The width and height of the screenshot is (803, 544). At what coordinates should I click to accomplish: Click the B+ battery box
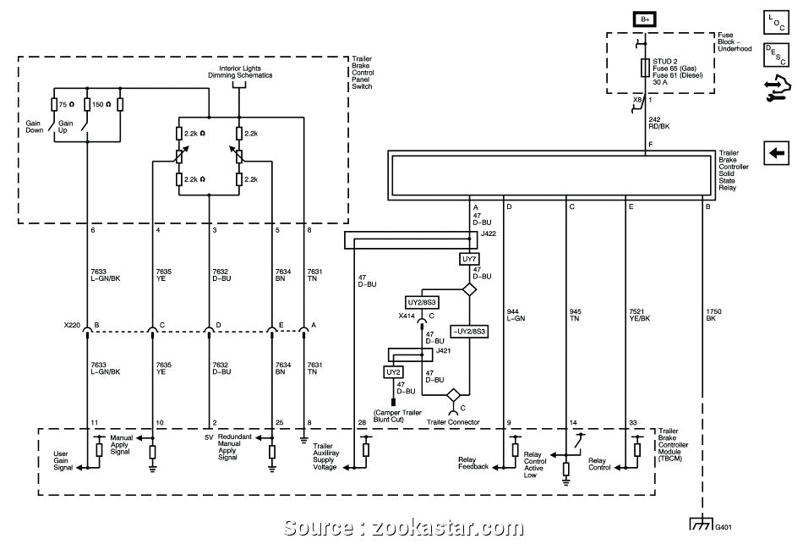(x=647, y=19)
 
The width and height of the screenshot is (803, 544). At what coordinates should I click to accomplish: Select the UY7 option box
(x=471, y=259)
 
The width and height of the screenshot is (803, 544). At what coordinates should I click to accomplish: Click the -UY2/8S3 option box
(x=468, y=332)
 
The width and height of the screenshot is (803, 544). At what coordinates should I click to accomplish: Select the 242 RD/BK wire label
(x=660, y=123)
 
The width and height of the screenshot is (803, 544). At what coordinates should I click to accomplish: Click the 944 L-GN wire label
(x=515, y=315)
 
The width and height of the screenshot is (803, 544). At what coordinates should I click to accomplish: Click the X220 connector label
(x=72, y=325)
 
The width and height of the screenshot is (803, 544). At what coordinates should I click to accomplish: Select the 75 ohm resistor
(x=55, y=104)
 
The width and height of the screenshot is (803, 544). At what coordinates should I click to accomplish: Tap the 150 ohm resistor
(x=88, y=104)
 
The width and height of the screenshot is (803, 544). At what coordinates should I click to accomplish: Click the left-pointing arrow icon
(x=776, y=153)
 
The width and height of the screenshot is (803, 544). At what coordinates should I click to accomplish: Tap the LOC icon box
(x=776, y=19)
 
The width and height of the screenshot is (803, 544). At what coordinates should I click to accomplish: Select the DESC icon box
(x=776, y=55)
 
